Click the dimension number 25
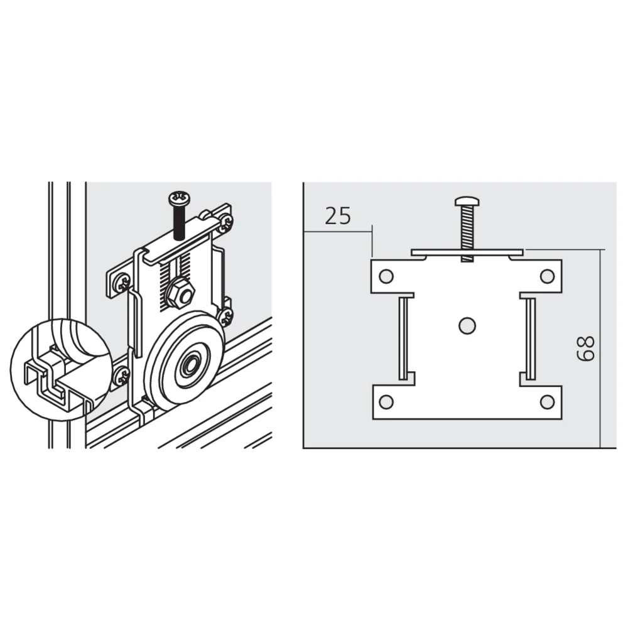pyautogui.click(x=337, y=215)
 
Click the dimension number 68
pyautogui.click(x=586, y=349)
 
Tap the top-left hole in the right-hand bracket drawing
pyautogui.click(x=386, y=276)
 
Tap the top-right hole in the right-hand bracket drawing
pyautogui.click(x=547, y=276)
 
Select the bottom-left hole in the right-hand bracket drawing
pyautogui.click(x=386, y=402)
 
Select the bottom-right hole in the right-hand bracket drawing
pyautogui.click(x=547, y=402)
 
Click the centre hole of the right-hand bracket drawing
pyautogui.click(x=467, y=325)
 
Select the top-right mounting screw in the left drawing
pyautogui.click(x=225, y=224)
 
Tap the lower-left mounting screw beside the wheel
pyautogui.click(x=121, y=376)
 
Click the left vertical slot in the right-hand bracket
pyautogui.click(x=404, y=337)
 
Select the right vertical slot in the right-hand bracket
pyautogui.click(x=530, y=337)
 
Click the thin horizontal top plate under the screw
pyautogui.click(x=467, y=252)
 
